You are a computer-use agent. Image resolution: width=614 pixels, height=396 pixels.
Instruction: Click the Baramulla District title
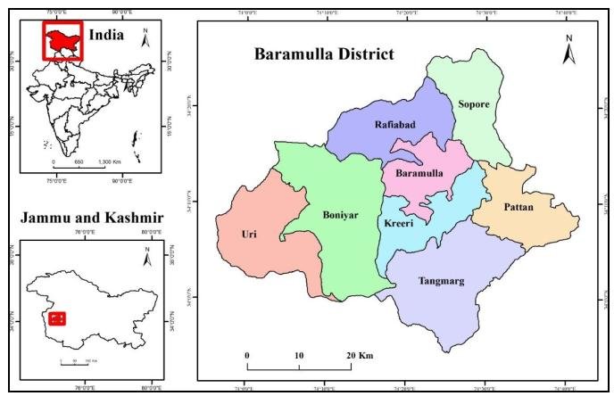pos(324,54)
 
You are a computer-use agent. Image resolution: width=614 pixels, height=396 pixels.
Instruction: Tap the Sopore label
pos(474,104)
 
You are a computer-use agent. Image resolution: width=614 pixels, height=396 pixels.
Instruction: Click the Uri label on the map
pos(249,234)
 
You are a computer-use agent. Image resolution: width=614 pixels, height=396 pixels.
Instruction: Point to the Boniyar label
pos(339,215)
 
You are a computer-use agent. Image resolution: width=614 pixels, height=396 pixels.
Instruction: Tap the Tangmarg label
pos(441,281)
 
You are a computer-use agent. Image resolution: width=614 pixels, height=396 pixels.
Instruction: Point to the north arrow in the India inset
pos(148,38)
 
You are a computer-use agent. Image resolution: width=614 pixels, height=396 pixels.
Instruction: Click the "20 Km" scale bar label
pos(360,355)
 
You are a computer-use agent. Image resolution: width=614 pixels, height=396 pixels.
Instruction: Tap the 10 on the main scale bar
pos(299,355)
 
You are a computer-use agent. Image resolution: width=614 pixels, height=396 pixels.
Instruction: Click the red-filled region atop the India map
pos(61,40)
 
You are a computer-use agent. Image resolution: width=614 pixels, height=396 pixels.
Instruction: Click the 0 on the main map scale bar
pos(246,355)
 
